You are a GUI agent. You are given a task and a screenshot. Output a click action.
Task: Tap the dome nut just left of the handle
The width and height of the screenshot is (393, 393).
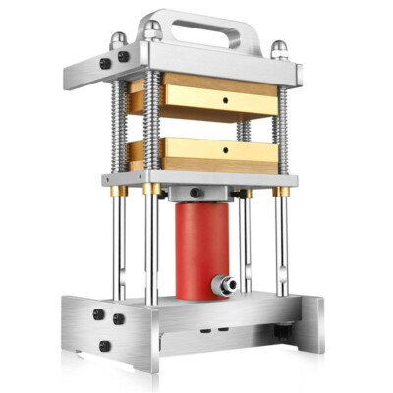[x=151, y=31]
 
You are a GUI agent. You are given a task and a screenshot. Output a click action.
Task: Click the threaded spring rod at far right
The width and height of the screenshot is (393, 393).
[x=281, y=128]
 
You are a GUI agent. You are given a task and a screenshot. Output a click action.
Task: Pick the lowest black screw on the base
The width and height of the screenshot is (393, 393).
[x=102, y=345]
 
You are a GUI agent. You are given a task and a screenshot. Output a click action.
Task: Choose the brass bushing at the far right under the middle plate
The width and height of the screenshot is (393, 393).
[x=282, y=192]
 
